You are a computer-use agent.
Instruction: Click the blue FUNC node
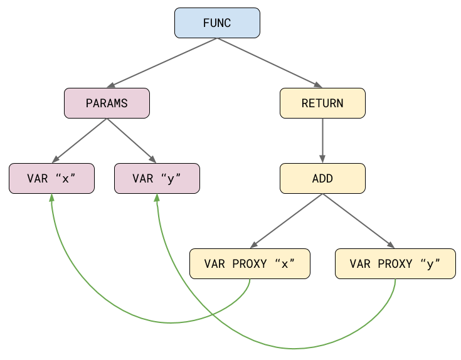[217, 23]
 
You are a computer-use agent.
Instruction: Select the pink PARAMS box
[107, 103]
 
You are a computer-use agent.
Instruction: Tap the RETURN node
[322, 103]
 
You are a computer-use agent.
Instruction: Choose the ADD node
[322, 179]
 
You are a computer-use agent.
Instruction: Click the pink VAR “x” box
[51, 179]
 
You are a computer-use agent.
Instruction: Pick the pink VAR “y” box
[157, 179]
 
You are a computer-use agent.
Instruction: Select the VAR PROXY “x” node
[250, 264]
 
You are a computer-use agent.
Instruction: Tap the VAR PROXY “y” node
[395, 264]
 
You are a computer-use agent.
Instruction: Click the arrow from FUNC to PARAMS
[163, 63]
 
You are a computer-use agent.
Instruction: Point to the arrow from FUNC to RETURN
[270, 63]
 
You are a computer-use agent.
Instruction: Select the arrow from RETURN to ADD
[322, 141]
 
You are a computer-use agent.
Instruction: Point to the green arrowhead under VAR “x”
[51, 198]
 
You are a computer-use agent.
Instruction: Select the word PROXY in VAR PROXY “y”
[395, 264]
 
